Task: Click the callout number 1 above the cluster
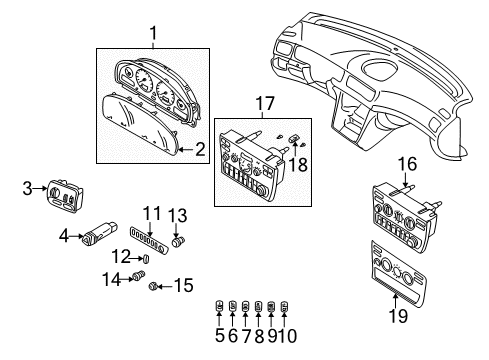152,35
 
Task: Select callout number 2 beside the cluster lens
199,150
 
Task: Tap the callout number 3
29,187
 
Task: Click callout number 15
181,288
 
